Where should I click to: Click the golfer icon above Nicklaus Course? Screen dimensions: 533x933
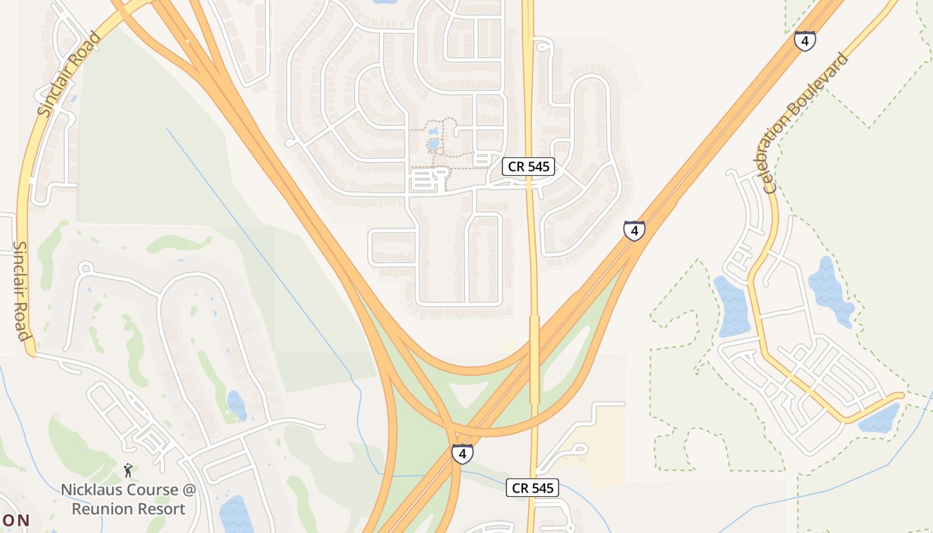128,470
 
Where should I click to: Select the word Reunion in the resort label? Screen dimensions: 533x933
99,509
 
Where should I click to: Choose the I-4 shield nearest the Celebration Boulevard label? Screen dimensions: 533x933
805,41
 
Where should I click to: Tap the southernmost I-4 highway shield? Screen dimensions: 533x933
462,454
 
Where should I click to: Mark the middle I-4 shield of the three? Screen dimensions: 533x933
634,231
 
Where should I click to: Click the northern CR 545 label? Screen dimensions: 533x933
529,167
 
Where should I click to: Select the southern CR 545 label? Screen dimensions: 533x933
532,488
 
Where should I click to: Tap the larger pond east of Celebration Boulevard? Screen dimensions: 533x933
829,290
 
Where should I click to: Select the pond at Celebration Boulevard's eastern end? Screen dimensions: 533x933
881,418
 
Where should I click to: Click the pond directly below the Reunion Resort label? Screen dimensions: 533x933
235,516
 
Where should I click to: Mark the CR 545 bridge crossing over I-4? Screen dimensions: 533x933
534,360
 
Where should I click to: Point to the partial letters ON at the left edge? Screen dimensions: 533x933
15,520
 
